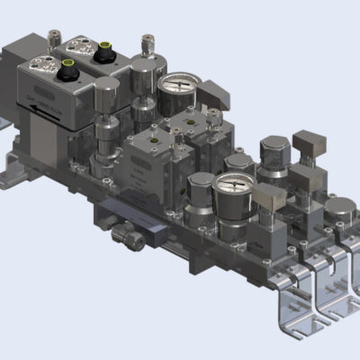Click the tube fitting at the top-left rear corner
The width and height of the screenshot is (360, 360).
(x=50, y=36)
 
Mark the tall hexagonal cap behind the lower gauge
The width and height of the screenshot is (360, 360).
(x=272, y=148)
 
